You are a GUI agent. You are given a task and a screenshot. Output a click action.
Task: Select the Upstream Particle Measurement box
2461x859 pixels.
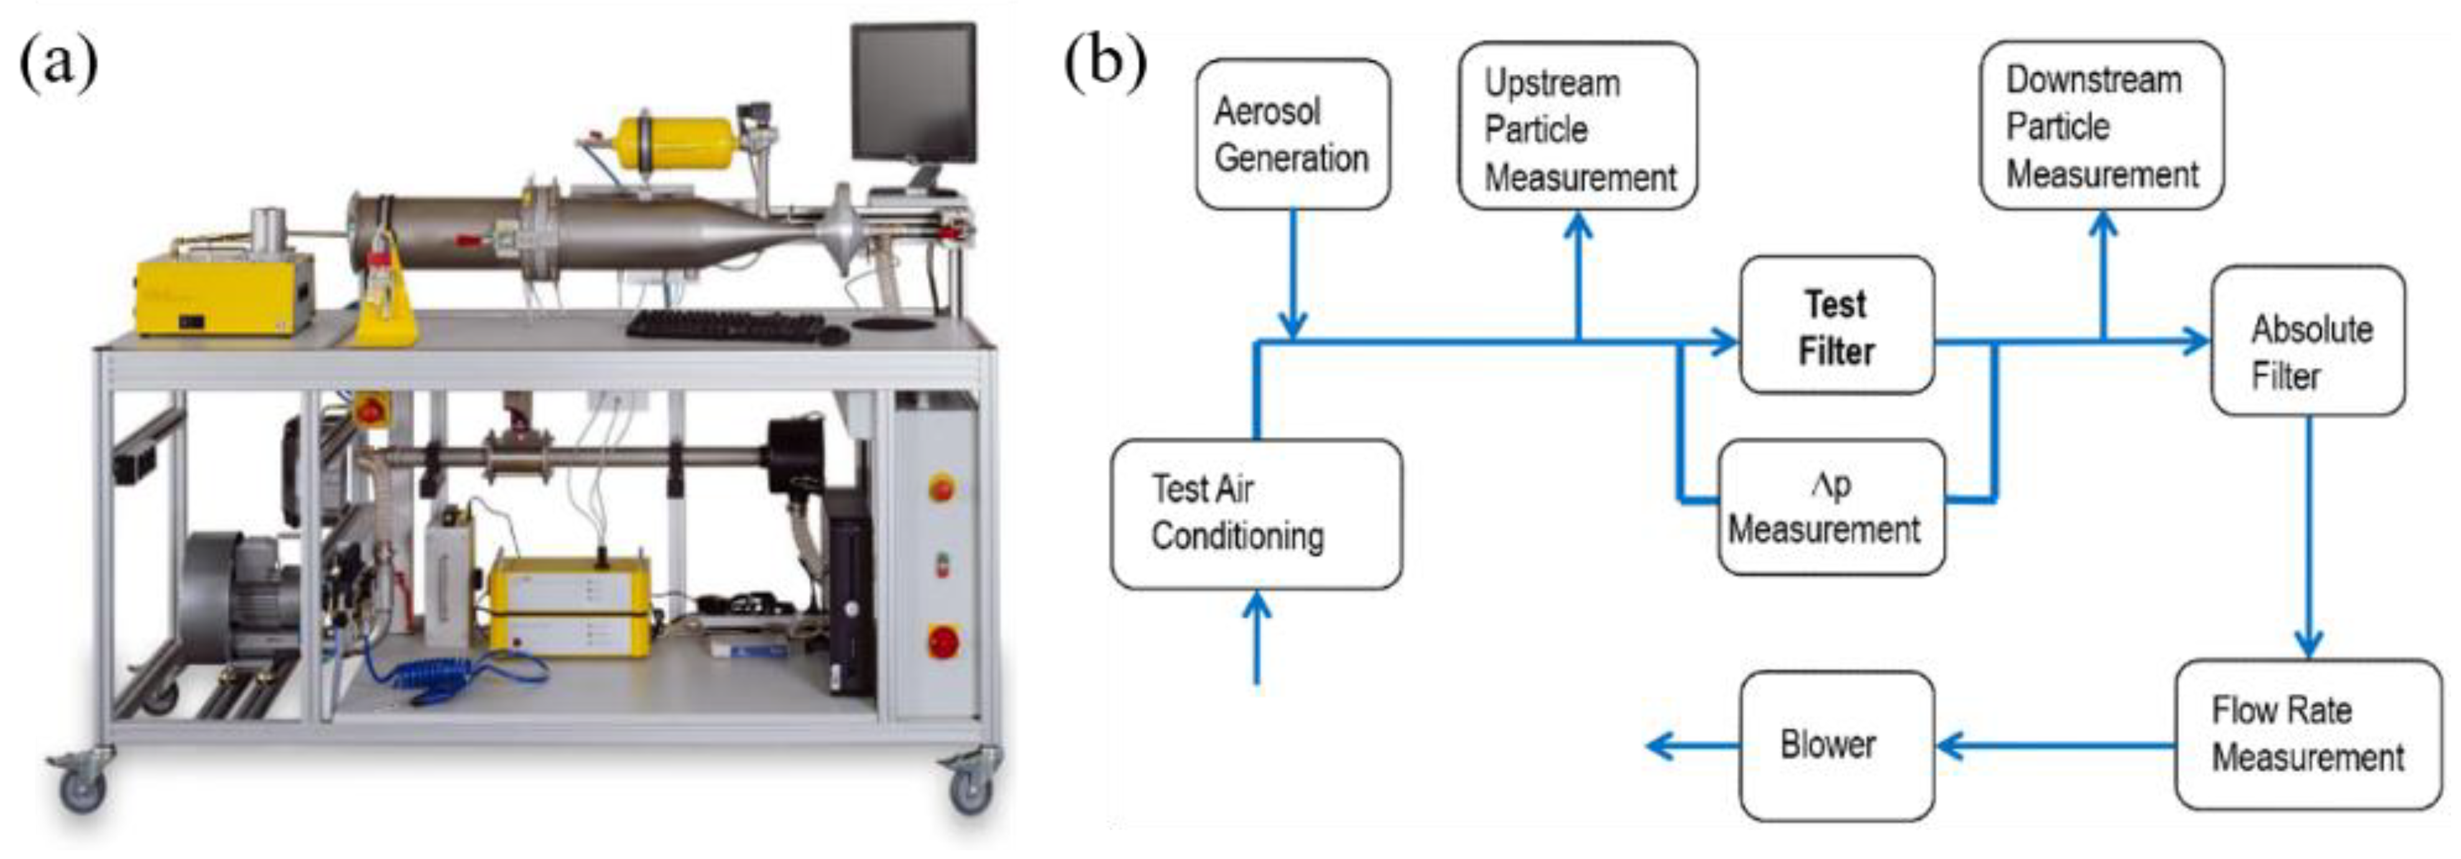tap(1577, 127)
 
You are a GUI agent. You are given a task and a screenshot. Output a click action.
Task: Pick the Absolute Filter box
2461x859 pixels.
tap(2307, 341)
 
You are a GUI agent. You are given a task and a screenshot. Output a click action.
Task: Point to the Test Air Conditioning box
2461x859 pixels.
tap(1255, 514)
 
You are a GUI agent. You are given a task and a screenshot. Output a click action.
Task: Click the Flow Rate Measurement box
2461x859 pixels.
tap(2307, 735)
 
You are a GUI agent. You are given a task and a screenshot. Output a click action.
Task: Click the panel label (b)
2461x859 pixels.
tap(1105, 63)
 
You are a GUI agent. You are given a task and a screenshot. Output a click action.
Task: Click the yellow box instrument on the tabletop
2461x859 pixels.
tap(225, 295)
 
